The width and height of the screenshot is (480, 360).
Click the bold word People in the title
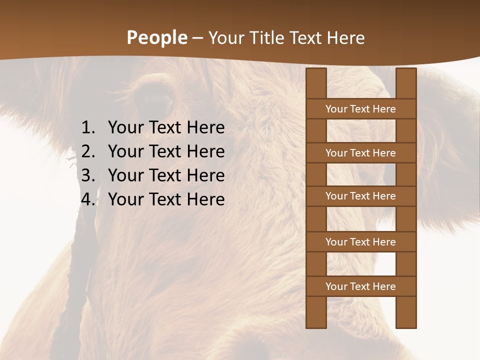(157, 37)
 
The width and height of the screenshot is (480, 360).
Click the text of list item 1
(166, 128)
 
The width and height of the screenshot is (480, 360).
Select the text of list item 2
(166, 151)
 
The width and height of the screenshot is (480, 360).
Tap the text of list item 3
(166, 175)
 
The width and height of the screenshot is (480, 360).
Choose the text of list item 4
(166, 199)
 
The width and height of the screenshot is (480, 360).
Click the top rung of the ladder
(360, 109)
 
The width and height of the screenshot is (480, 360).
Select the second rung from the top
(360, 153)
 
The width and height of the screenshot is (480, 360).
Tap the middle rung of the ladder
(360, 196)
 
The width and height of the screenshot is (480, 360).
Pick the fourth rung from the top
(360, 242)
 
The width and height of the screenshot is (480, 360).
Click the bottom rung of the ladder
(360, 286)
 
